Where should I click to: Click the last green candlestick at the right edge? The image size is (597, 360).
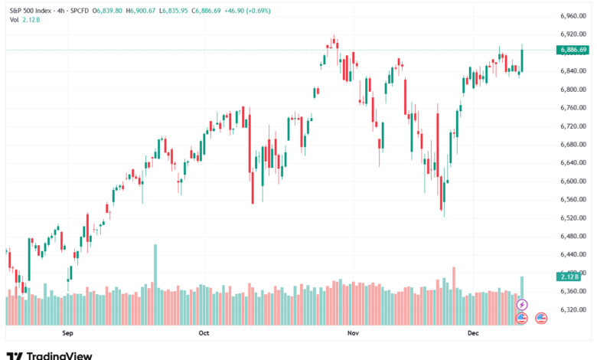coord(522,61)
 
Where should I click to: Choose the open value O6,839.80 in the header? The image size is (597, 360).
coord(109,11)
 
